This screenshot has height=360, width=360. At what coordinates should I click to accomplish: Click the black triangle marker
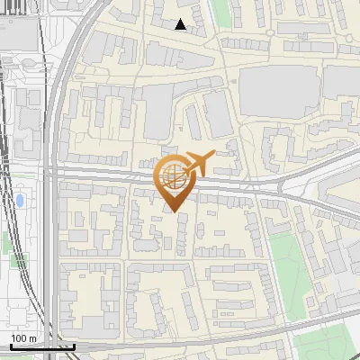pyautogui.click(x=181, y=24)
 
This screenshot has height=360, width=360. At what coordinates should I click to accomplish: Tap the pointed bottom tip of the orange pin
pyautogui.click(x=173, y=211)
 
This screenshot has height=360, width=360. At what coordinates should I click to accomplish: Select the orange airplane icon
pyautogui.click(x=200, y=163)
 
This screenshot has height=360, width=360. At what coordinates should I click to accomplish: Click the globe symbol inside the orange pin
pyautogui.click(x=172, y=175)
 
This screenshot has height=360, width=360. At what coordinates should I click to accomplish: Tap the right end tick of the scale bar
pyautogui.click(x=75, y=346)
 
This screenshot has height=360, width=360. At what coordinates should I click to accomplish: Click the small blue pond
pyautogui.click(x=19, y=198)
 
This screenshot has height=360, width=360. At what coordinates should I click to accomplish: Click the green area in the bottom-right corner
pyautogui.click(x=328, y=346)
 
